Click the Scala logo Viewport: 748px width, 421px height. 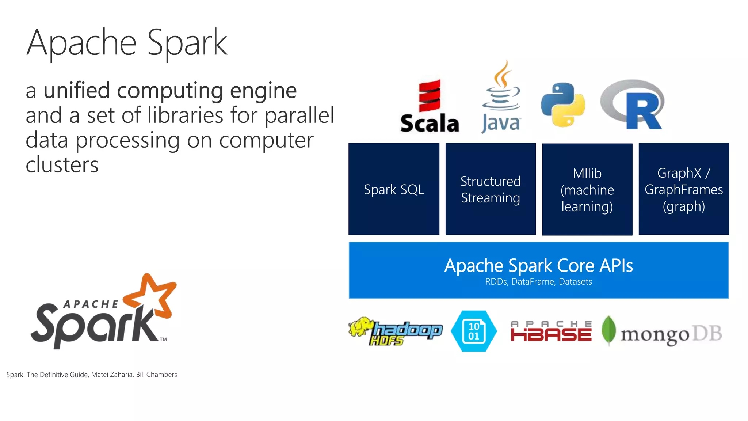click(x=430, y=106)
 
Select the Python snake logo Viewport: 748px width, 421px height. click(x=563, y=105)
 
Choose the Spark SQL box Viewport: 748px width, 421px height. click(x=394, y=189)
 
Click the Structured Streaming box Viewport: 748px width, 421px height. click(x=491, y=189)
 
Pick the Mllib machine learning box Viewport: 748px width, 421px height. click(x=587, y=189)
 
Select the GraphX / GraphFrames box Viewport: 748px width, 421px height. click(x=683, y=189)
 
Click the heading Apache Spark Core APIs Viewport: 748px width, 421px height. click(x=538, y=266)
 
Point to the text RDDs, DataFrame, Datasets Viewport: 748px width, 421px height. click(x=538, y=282)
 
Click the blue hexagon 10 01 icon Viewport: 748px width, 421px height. click(x=474, y=331)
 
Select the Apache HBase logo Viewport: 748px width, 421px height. click(x=551, y=331)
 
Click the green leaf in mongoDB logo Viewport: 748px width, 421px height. click(x=608, y=330)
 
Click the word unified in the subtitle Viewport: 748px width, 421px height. click(x=76, y=90)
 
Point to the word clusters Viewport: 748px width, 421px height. click(x=62, y=165)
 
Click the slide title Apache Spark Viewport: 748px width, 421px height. click(x=127, y=43)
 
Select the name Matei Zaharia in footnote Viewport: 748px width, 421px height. click(x=112, y=375)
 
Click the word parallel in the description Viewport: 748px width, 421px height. click(x=299, y=115)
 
